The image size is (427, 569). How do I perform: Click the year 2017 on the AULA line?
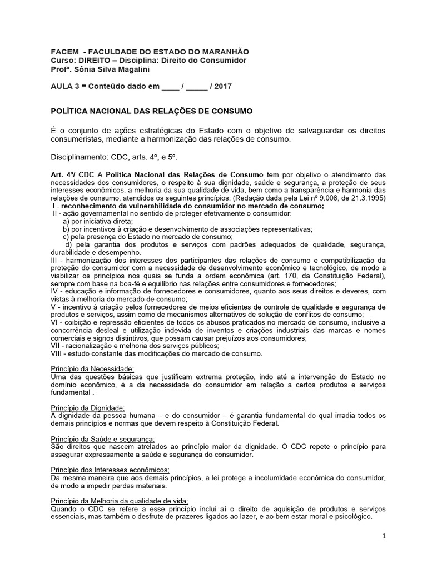[223, 87]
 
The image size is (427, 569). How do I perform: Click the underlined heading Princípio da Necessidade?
[92, 369]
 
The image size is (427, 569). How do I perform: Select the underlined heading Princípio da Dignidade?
[88, 407]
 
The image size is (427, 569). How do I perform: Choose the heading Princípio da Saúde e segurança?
[103, 439]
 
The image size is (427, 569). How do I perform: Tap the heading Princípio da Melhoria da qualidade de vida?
[120, 501]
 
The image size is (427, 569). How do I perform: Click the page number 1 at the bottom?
[384, 536]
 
